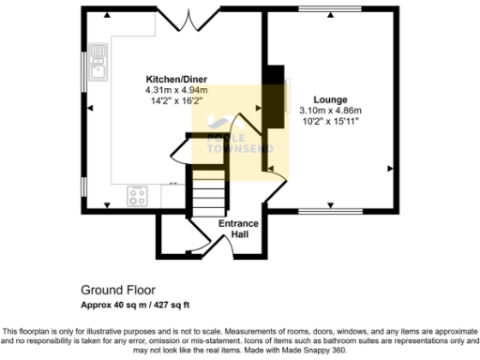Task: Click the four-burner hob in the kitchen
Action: (x=138, y=196)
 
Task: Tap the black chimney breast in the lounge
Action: (x=273, y=94)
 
